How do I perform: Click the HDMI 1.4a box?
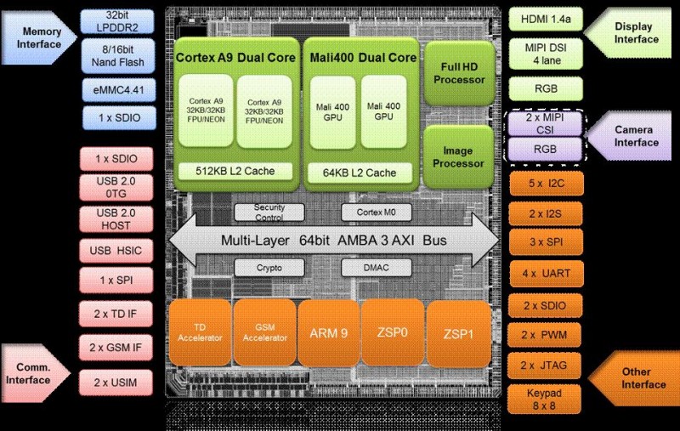(545, 20)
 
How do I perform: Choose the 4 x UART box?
(545, 275)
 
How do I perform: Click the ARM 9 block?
(326, 332)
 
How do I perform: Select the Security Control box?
(269, 213)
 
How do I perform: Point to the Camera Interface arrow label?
(636, 136)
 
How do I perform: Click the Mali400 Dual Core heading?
(361, 58)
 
